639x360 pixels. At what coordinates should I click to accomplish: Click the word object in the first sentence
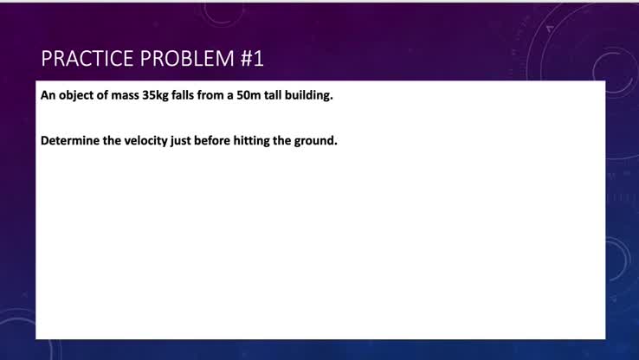pyautogui.click(x=75, y=95)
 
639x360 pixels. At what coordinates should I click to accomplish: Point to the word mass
pyautogui.click(x=126, y=95)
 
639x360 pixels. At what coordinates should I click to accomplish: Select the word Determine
pyautogui.click(x=70, y=140)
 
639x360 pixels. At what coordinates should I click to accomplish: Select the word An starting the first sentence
pyautogui.click(x=48, y=95)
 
